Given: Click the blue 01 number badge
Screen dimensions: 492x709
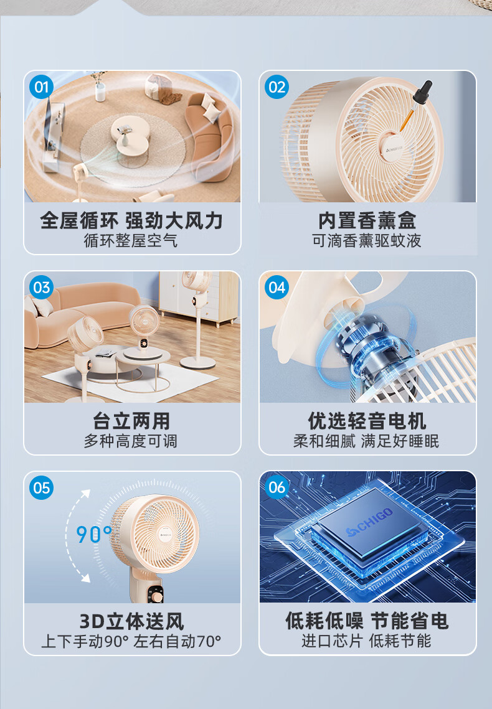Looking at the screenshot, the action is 42,87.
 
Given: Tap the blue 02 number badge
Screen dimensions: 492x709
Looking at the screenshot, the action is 277,87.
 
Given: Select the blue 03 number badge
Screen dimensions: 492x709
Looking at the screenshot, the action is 42,288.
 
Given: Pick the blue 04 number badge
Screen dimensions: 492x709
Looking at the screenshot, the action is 277,288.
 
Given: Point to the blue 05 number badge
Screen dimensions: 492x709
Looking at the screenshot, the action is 42,488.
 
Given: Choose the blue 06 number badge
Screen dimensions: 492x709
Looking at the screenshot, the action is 277,487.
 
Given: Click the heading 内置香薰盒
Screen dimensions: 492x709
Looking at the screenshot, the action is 367,221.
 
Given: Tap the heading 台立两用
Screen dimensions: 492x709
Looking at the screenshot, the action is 131,421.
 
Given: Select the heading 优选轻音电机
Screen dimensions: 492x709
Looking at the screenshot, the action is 367,421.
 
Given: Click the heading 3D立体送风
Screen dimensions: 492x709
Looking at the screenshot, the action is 131,622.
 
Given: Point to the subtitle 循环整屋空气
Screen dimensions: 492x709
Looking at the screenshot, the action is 131,240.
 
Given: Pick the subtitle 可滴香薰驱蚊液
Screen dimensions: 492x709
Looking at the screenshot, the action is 367,240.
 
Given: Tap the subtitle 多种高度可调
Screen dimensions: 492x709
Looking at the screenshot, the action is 131,441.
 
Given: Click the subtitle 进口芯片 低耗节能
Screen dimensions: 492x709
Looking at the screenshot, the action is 367,641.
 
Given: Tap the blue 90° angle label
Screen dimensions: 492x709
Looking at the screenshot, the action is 93,534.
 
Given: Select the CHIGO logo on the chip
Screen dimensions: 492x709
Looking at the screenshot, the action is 369,522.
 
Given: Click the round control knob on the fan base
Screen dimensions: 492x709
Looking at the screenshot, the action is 156,598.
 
